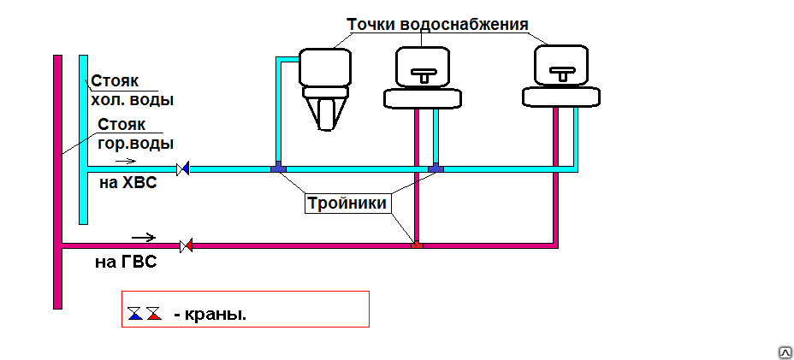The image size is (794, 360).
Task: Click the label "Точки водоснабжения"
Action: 437,24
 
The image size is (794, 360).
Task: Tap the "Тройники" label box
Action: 347,204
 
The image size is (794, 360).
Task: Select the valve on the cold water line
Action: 183,168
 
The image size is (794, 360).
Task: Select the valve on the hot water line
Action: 187,246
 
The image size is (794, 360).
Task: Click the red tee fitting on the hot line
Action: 416,245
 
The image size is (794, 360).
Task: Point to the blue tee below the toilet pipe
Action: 279,168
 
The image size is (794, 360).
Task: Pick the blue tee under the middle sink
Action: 436,168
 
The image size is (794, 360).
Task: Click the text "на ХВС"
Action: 128,183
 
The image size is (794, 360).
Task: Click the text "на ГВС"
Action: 126,263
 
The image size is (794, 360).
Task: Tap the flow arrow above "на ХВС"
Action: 126,161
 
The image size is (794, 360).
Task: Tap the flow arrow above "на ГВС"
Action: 144,237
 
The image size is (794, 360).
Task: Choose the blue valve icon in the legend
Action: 135,313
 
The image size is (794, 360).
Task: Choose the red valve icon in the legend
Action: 154,313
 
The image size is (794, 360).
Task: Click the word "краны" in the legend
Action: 214,315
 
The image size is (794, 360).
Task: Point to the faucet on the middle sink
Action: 422,74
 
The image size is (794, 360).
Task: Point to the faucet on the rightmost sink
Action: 562,74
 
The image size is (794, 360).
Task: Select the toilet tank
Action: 325,68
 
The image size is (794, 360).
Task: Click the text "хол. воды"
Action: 132,100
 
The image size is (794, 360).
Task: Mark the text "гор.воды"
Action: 136,144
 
